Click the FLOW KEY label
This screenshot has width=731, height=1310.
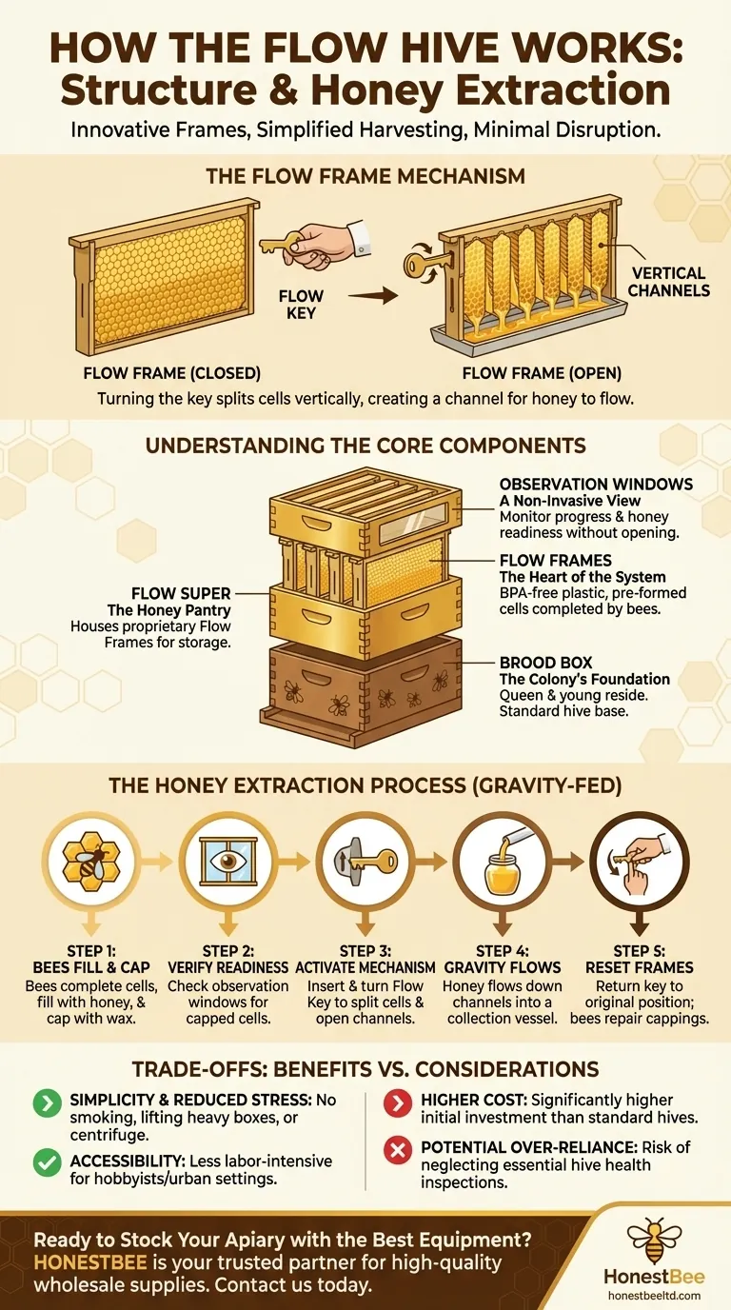click(x=302, y=305)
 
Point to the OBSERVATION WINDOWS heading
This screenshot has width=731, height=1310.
click(x=596, y=485)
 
